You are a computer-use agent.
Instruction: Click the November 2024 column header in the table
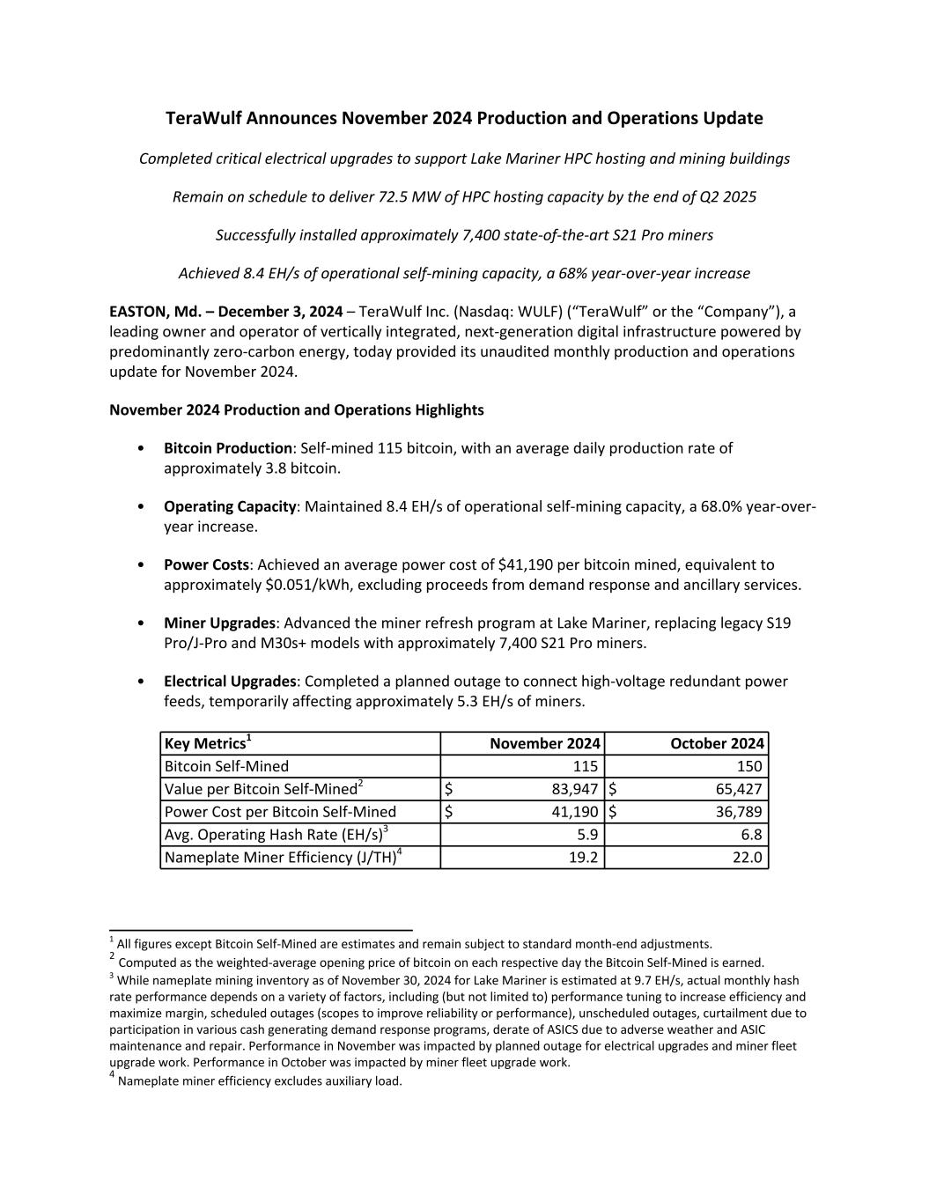(x=544, y=743)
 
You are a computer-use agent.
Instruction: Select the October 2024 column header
(x=717, y=743)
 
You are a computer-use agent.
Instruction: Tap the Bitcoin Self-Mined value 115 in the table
(x=585, y=766)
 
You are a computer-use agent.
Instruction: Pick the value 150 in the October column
(x=749, y=766)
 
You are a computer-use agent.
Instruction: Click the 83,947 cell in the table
(x=573, y=789)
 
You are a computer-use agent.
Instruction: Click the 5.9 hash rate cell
(x=587, y=835)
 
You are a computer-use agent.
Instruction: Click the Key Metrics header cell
(x=207, y=743)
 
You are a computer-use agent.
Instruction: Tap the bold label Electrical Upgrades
(x=230, y=682)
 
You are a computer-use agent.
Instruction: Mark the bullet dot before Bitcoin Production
(x=143, y=448)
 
